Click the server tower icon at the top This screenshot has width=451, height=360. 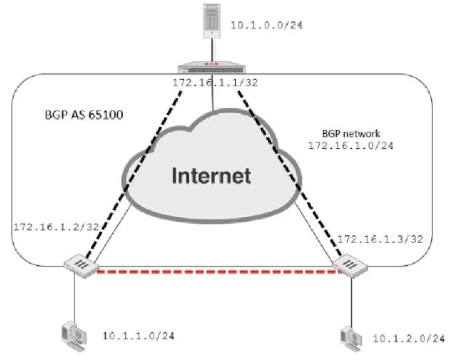click(212, 21)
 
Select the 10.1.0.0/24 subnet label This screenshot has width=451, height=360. click(266, 26)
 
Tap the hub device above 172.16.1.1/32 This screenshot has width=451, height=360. click(212, 68)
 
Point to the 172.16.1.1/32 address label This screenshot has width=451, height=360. click(215, 83)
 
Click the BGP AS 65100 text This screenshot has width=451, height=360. click(84, 115)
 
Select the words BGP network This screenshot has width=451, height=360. click(351, 133)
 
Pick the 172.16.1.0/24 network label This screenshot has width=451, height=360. click(351, 145)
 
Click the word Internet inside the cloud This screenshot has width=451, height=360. click(212, 176)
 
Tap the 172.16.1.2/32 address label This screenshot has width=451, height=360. click(57, 227)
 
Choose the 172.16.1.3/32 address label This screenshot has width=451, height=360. click(380, 239)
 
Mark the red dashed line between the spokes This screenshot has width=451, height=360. click(219, 271)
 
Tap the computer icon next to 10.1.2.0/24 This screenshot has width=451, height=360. click(351, 339)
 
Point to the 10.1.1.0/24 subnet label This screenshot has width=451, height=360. click(138, 336)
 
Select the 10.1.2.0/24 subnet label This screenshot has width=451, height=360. click(409, 339)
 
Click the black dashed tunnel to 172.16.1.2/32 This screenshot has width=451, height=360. click(134, 174)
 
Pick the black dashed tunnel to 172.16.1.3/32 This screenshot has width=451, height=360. click(289, 173)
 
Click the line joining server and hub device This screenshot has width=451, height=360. click(212, 50)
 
